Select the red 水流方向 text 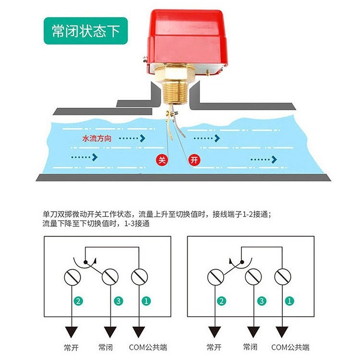pos(97,138)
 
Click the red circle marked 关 pos(161,160)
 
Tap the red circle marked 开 pos(193,160)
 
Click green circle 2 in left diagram pos(77,301)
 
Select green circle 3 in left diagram pos(118,301)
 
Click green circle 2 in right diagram pos(221,301)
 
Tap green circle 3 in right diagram pos(262,301)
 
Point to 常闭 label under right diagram pos(251,347)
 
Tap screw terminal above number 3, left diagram pos(110,277)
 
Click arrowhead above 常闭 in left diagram pos(110,332)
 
